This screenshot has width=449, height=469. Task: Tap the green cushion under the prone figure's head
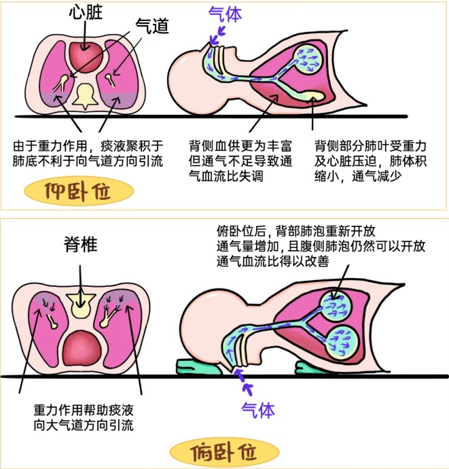point(198,366)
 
